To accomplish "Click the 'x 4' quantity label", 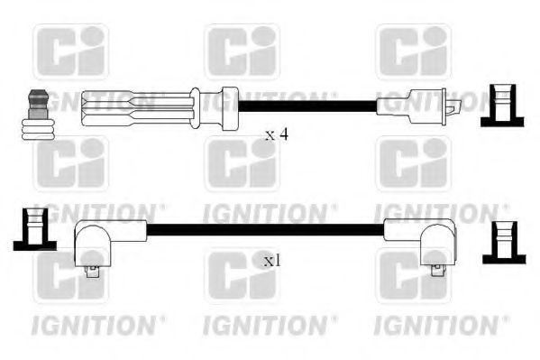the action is coord(276,135).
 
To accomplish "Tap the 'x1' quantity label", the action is coord(270,262).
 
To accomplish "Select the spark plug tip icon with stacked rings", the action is coord(37,115).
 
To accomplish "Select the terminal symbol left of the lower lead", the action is coord(32,229).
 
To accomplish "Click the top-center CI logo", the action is coord(242,51).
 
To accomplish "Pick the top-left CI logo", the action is coord(69,51).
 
